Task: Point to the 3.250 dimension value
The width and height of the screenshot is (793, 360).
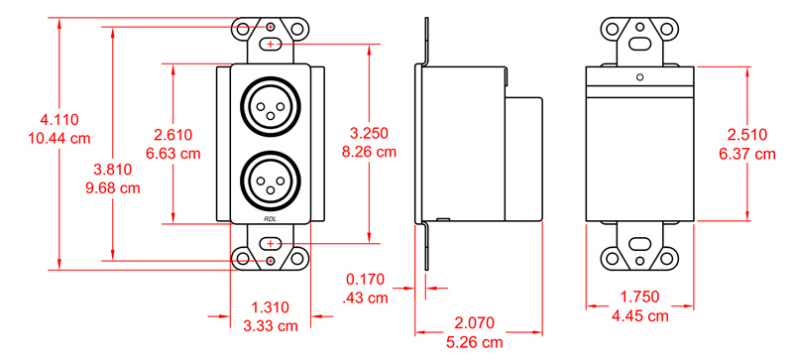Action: point(371,133)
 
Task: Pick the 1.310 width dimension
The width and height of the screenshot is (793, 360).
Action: point(271,307)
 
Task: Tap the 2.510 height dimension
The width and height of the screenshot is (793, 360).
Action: point(749,136)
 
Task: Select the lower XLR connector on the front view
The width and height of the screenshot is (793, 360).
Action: point(271,179)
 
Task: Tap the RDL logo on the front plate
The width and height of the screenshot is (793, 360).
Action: point(271,219)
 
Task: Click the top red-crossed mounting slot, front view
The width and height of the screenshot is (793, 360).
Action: point(271,45)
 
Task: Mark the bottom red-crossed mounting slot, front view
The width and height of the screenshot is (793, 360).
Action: point(271,244)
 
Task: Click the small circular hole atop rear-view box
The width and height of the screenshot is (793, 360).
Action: point(639,76)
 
